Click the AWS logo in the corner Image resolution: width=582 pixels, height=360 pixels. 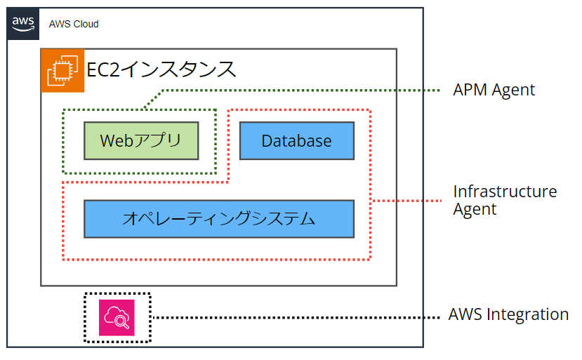coord(23,24)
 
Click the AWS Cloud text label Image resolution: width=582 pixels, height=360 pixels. coord(74,24)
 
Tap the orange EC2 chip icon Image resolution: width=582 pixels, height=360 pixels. coord(62,70)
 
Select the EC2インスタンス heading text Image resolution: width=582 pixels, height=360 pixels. coord(161,69)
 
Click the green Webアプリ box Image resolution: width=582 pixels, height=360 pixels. coord(141,140)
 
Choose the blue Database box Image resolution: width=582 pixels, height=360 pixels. coord(297,140)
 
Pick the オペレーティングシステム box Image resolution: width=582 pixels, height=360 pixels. coord(219,219)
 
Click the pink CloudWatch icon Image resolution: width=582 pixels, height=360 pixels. coord(117,318)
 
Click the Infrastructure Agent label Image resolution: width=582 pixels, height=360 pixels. coord(505,201)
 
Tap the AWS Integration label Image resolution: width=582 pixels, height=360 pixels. coord(508,314)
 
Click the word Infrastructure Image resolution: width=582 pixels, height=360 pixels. coord(505,192)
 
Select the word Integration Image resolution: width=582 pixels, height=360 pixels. coord(528,314)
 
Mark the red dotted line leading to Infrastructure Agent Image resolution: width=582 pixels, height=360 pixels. coord(406,201)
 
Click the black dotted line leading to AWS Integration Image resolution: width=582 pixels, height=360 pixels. coord(296,318)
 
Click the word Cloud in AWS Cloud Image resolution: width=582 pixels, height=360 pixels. coord(86,24)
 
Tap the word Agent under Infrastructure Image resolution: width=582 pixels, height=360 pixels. coord(475,210)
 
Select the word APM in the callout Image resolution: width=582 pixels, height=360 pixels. coord(470,90)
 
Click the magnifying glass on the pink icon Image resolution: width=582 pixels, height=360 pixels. coord(121,321)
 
